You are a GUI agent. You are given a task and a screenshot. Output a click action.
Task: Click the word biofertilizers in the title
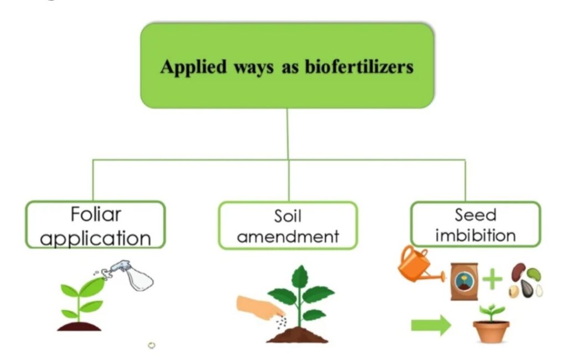[359, 66]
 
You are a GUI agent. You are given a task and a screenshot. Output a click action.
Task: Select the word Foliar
[96, 214]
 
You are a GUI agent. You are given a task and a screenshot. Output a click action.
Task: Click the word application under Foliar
[95, 239]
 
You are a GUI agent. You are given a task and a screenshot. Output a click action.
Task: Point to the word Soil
[287, 217]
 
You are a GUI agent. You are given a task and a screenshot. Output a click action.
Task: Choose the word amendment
[288, 236]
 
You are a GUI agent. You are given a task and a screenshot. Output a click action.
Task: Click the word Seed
[475, 215]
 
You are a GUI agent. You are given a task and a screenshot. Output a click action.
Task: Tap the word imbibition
[476, 235]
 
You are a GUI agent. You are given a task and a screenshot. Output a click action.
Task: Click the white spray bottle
[131, 275]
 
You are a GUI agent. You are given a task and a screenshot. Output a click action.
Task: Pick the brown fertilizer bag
[465, 281]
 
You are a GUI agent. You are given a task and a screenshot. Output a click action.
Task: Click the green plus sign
[492, 279]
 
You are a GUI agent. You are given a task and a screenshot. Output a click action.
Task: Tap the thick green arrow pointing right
[431, 325]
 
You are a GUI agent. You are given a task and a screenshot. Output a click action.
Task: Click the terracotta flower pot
[491, 331]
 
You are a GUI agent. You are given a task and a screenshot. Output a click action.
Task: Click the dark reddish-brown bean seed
[518, 272]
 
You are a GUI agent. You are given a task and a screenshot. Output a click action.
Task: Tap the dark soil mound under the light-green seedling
[79, 326]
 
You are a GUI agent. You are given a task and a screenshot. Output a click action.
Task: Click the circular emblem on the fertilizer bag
[463, 281]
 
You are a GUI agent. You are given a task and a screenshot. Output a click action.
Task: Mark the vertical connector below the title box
[288, 134]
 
